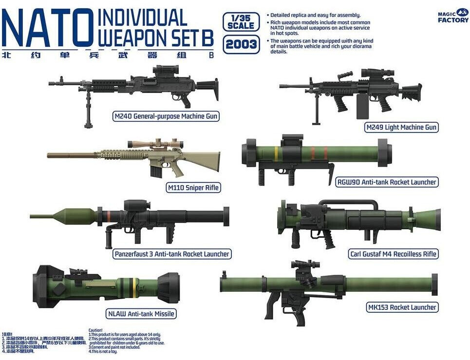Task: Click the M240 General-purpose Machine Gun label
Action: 166,116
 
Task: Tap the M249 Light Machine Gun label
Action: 401,127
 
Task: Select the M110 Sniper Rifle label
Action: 193,188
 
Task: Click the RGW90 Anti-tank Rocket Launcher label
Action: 387,182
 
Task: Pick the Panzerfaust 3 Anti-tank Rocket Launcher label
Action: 171,254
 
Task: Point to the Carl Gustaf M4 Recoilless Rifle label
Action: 393,254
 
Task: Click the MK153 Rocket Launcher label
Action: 401,307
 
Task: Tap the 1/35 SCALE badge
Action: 241,22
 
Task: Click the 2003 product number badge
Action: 241,45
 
